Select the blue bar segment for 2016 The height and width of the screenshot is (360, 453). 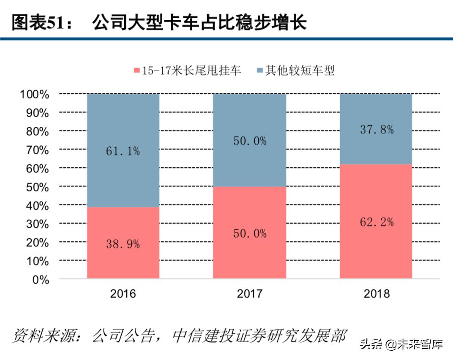tap(123, 127)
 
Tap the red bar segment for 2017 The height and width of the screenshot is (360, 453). tap(249, 254)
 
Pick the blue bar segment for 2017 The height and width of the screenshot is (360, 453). tap(249, 118)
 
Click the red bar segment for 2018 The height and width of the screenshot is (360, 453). tap(376, 249)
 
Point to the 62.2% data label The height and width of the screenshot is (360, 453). tap(377, 221)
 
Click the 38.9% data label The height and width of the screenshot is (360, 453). tap(123, 244)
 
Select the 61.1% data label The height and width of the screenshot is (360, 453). tap(123, 151)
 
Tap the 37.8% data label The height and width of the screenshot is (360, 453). tap(377, 129)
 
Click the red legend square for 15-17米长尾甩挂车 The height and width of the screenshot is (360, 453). tap(136, 71)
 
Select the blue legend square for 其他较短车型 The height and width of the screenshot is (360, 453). tap(259, 71)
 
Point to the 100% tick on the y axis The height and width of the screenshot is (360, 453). tap(34, 94)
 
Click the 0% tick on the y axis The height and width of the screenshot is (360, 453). tap(41, 279)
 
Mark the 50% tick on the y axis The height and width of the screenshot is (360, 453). tap(37, 187)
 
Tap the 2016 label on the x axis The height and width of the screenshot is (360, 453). tap(123, 293)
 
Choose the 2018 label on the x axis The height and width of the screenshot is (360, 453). tap(376, 293)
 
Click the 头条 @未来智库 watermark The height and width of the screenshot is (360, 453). tap(401, 344)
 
